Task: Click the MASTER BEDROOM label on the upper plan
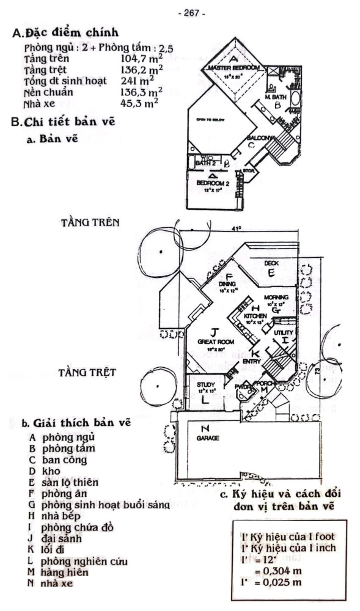[234, 67]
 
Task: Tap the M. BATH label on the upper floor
[277, 97]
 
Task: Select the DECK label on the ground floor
[271, 263]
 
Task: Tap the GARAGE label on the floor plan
[208, 438]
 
